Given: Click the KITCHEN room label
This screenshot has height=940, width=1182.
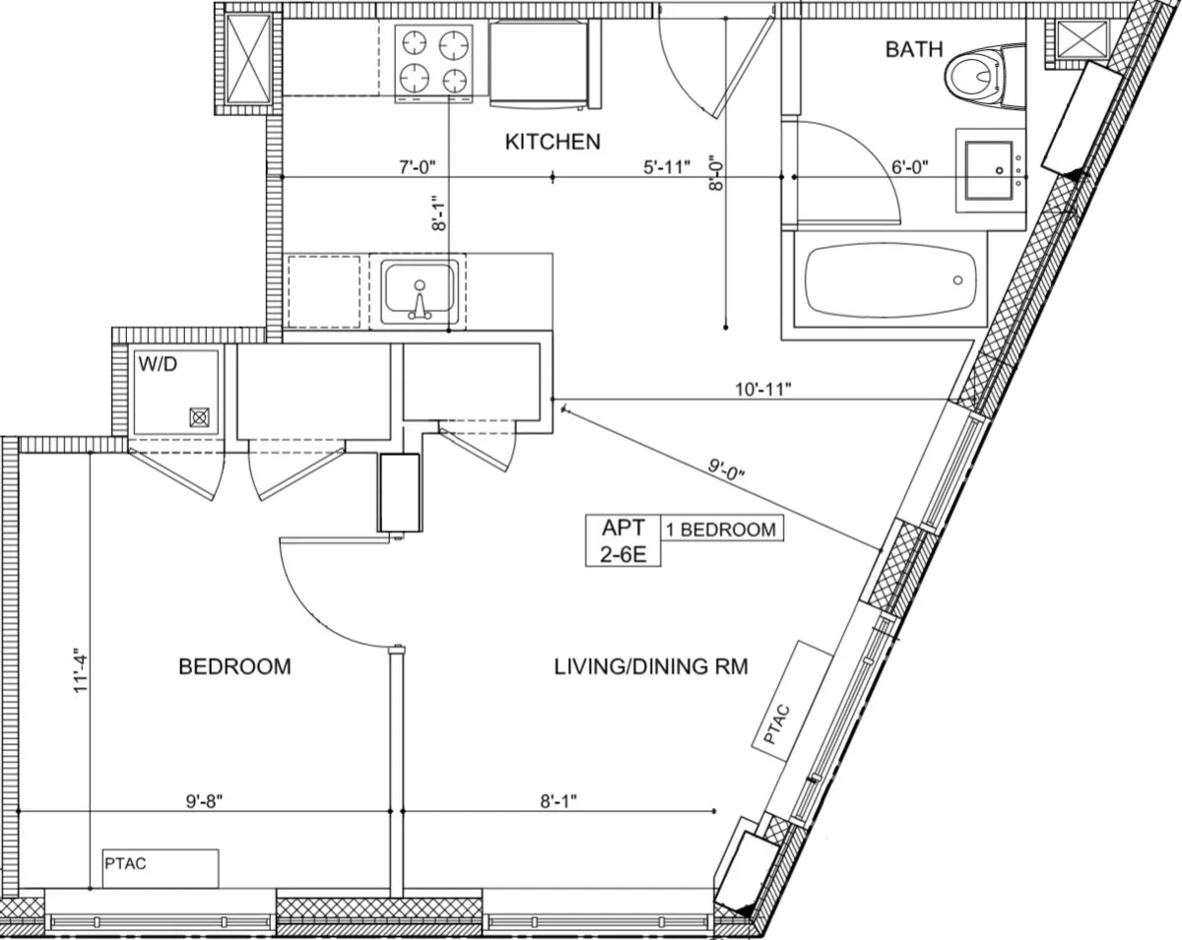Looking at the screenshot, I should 552,142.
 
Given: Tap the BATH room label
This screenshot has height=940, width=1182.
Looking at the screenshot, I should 913,49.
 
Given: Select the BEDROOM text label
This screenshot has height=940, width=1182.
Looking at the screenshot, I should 234,666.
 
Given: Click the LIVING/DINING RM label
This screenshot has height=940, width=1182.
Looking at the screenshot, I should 650,666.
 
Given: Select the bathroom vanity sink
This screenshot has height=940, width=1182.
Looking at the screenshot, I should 989,171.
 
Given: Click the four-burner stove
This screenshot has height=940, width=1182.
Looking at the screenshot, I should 434,61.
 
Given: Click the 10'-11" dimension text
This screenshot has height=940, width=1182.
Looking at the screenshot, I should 762,388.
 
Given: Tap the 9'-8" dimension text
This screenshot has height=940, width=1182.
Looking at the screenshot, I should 204,800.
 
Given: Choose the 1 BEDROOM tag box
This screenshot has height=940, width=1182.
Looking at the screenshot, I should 722,529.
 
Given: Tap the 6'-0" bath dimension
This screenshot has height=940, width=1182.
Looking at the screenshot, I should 910,166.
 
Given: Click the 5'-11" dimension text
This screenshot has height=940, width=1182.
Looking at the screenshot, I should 667,166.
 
